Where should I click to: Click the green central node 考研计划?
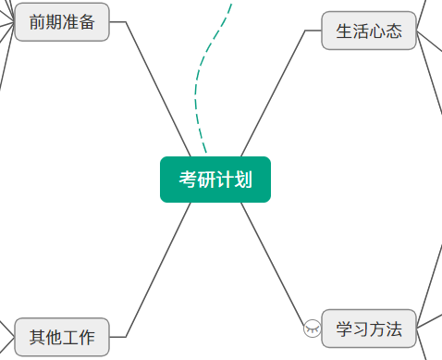click(x=215, y=180)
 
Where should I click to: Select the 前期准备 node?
click(x=62, y=22)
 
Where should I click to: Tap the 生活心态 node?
click(x=369, y=31)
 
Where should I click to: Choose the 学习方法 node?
click(x=369, y=329)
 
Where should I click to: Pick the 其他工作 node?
click(x=62, y=337)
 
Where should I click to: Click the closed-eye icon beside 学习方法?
click(x=313, y=329)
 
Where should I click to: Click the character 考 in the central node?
click(x=188, y=180)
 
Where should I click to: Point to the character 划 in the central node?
click(x=243, y=180)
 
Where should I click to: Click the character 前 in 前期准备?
click(x=38, y=22)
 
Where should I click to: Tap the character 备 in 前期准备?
click(x=87, y=22)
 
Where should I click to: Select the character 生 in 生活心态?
click(x=344, y=31)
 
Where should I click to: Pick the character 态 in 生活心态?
click(x=394, y=31)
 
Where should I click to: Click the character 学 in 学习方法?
click(x=344, y=329)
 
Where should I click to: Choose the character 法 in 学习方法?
click(x=394, y=329)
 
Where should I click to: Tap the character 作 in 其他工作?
click(x=87, y=337)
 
